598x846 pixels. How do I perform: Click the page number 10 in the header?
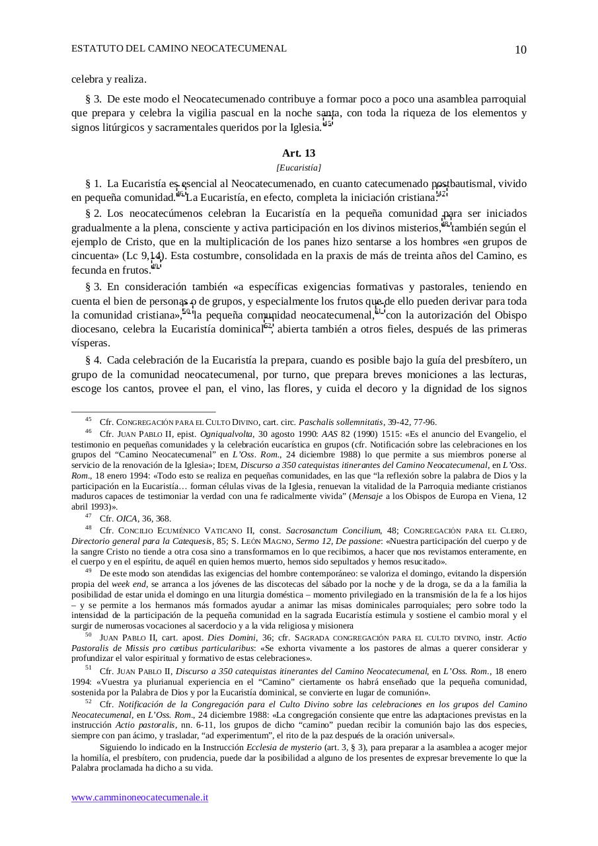coord(520,50)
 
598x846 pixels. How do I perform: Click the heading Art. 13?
coord(299,153)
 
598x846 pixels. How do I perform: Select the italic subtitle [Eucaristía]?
coord(299,168)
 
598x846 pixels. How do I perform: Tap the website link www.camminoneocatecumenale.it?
coord(140,797)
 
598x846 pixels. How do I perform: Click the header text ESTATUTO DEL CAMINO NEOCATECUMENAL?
coord(179,48)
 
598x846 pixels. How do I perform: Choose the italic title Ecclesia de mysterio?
coord(283,748)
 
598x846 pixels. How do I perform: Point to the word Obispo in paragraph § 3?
coord(511,315)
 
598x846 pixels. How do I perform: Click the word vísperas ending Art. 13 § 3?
coord(91,344)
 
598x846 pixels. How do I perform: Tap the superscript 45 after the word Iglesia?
coord(328,122)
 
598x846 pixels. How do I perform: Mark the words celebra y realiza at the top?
coord(108,79)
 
